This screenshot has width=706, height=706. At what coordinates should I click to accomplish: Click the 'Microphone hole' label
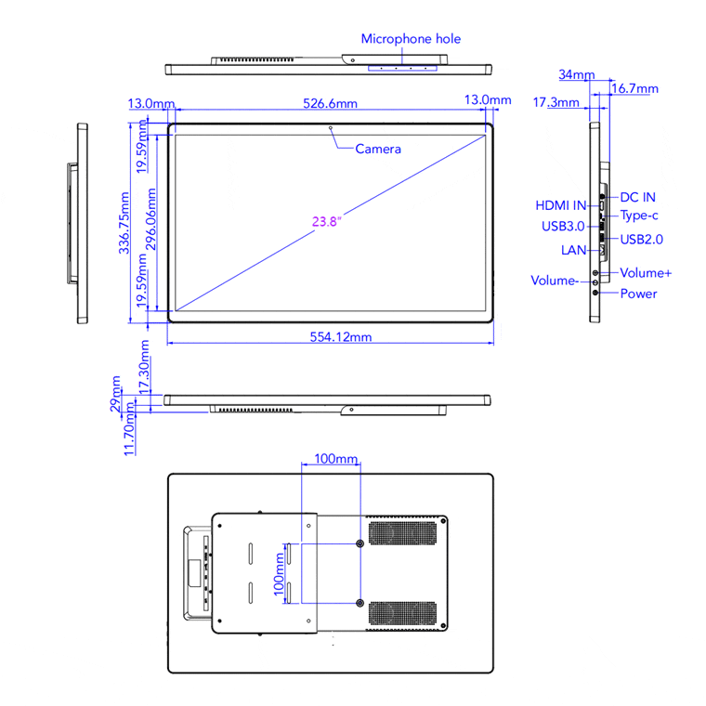[x=411, y=39]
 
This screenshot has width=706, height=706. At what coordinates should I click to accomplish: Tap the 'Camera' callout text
[x=378, y=149]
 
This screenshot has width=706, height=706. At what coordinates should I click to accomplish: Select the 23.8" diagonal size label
[x=327, y=221]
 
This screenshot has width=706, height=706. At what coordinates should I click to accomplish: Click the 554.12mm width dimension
[x=340, y=337]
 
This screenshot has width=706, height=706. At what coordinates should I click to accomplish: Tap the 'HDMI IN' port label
[x=561, y=205]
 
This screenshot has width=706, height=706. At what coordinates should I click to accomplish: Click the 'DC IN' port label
[x=638, y=197]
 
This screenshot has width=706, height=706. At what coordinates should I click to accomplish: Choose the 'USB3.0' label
[x=563, y=226]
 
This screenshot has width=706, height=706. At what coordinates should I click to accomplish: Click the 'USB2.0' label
[x=643, y=239]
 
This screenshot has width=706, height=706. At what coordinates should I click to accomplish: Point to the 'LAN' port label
[x=573, y=250]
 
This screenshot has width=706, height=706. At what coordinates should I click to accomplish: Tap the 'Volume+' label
[x=646, y=273]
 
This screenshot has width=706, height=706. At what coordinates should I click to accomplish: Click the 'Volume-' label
[x=555, y=281]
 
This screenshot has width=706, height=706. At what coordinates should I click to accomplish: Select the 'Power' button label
[x=638, y=294]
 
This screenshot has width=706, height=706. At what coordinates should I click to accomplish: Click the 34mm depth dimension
[x=578, y=74]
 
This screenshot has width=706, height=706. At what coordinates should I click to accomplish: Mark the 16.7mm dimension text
[x=636, y=89]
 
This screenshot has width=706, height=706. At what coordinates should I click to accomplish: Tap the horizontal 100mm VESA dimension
[x=335, y=459]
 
